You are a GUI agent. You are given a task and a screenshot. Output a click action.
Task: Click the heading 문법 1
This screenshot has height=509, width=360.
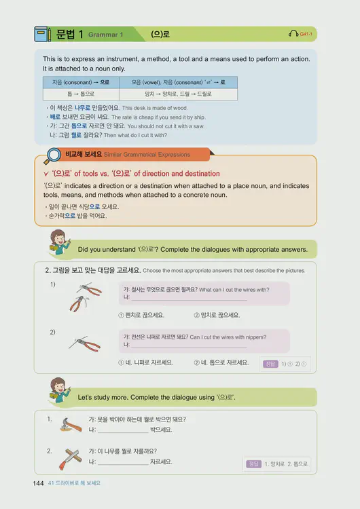(71, 34)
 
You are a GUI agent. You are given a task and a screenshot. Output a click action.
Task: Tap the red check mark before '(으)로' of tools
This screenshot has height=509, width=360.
(45, 174)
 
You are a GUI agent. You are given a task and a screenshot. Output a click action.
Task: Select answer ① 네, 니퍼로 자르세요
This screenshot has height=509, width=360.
(145, 362)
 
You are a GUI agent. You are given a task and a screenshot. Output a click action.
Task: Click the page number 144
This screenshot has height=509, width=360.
(38, 483)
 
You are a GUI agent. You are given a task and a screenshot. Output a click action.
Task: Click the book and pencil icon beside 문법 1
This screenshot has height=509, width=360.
(43, 34)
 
